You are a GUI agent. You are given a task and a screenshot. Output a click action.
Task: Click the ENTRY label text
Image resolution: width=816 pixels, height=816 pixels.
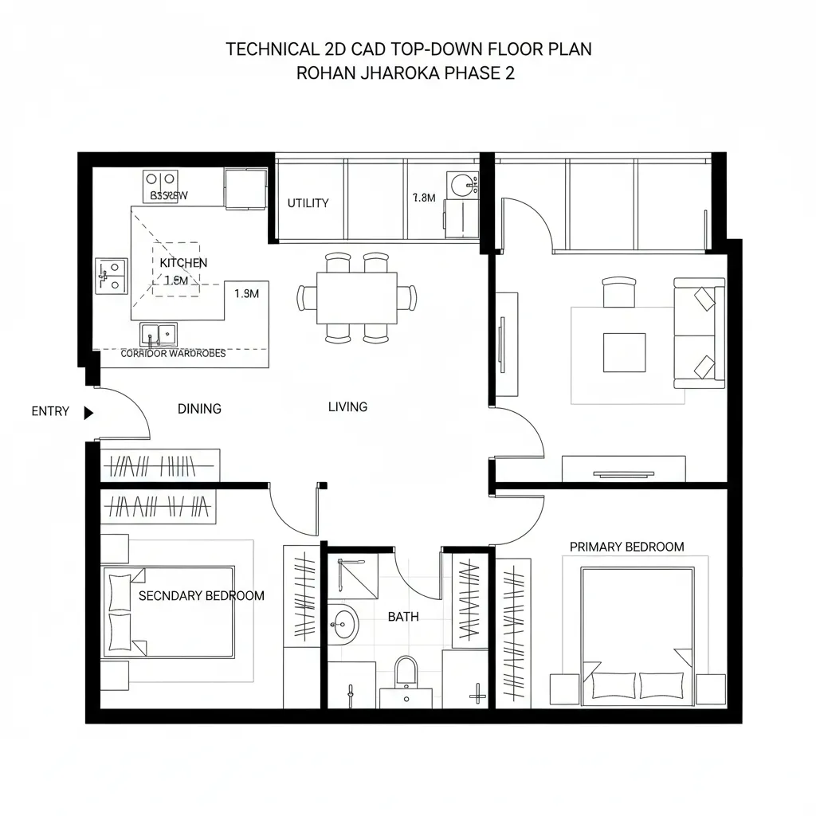click(x=50, y=412)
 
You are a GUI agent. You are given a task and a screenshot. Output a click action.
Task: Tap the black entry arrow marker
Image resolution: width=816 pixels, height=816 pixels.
click(x=88, y=412)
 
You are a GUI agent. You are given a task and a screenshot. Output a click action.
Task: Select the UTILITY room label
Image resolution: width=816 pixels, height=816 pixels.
click(x=308, y=203)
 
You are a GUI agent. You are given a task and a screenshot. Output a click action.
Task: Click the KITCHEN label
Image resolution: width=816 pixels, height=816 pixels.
click(x=183, y=263)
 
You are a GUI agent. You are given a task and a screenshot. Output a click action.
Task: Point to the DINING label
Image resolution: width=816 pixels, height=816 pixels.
click(x=199, y=409)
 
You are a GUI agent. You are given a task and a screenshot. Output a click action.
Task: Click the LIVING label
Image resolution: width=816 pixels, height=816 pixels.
click(x=348, y=406)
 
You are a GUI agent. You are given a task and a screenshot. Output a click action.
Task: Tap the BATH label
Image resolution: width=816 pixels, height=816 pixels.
click(x=403, y=616)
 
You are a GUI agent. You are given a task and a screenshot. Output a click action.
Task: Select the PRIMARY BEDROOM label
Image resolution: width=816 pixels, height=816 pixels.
click(x=626, y=547)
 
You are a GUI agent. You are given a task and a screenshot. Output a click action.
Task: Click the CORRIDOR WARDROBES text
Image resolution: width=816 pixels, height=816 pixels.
click(x=173, y=353)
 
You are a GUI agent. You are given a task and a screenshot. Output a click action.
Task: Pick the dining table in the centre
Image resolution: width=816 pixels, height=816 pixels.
click(x=356, y=298)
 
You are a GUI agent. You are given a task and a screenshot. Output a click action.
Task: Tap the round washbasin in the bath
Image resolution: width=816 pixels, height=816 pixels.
click(x=344, y=624)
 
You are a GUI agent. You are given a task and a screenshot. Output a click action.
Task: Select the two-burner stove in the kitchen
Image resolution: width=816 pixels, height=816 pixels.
click(x=160, y=181)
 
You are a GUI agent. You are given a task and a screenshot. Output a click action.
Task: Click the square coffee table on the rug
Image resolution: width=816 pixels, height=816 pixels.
click(x=624, y=351)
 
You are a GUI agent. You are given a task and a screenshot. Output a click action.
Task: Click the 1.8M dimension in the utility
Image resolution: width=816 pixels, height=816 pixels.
click(x=424, y=198)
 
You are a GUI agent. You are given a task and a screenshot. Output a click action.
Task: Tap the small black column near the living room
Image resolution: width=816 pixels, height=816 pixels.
click(x=322, y=484)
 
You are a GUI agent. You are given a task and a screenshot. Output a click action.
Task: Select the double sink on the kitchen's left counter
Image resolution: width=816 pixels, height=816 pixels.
click(x=112, y=274)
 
